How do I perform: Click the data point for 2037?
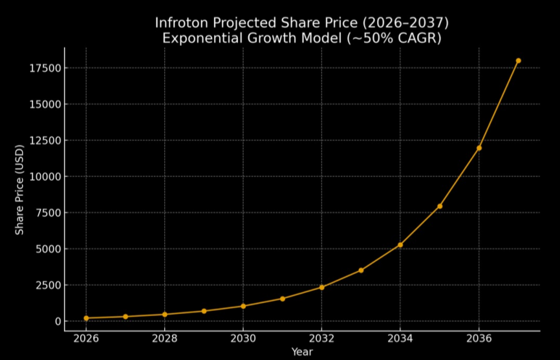click(x=518, y=61)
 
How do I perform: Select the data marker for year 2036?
click(x=479, y=148)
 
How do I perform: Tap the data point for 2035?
click(x=440, y=206)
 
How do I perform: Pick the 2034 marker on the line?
click(x=400, y=245)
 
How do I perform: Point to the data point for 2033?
click(x=361, y=270)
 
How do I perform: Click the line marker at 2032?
click(x=321, y=287)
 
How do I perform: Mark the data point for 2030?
click(x=243, y=306)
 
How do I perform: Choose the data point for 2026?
click(x=86, y=318)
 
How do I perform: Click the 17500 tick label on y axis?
click(x=44, y=68)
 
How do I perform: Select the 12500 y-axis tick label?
click(x=44, y=140)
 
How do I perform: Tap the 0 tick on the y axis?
click(x=57, y=321)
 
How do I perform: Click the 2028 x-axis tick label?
click(x=164, y=339)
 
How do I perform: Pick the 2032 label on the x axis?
click(x=321, y=339)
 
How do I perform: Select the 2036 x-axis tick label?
click(x=479, y=339)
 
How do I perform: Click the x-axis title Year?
click(x=302, y=352)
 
